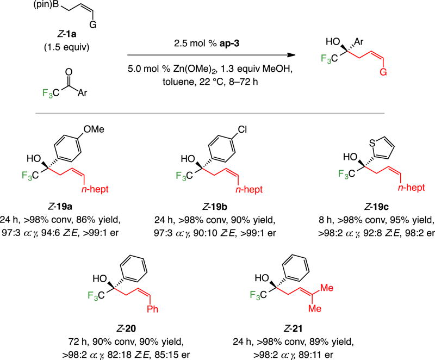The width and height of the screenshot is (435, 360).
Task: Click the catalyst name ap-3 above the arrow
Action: tap(232, 45)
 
